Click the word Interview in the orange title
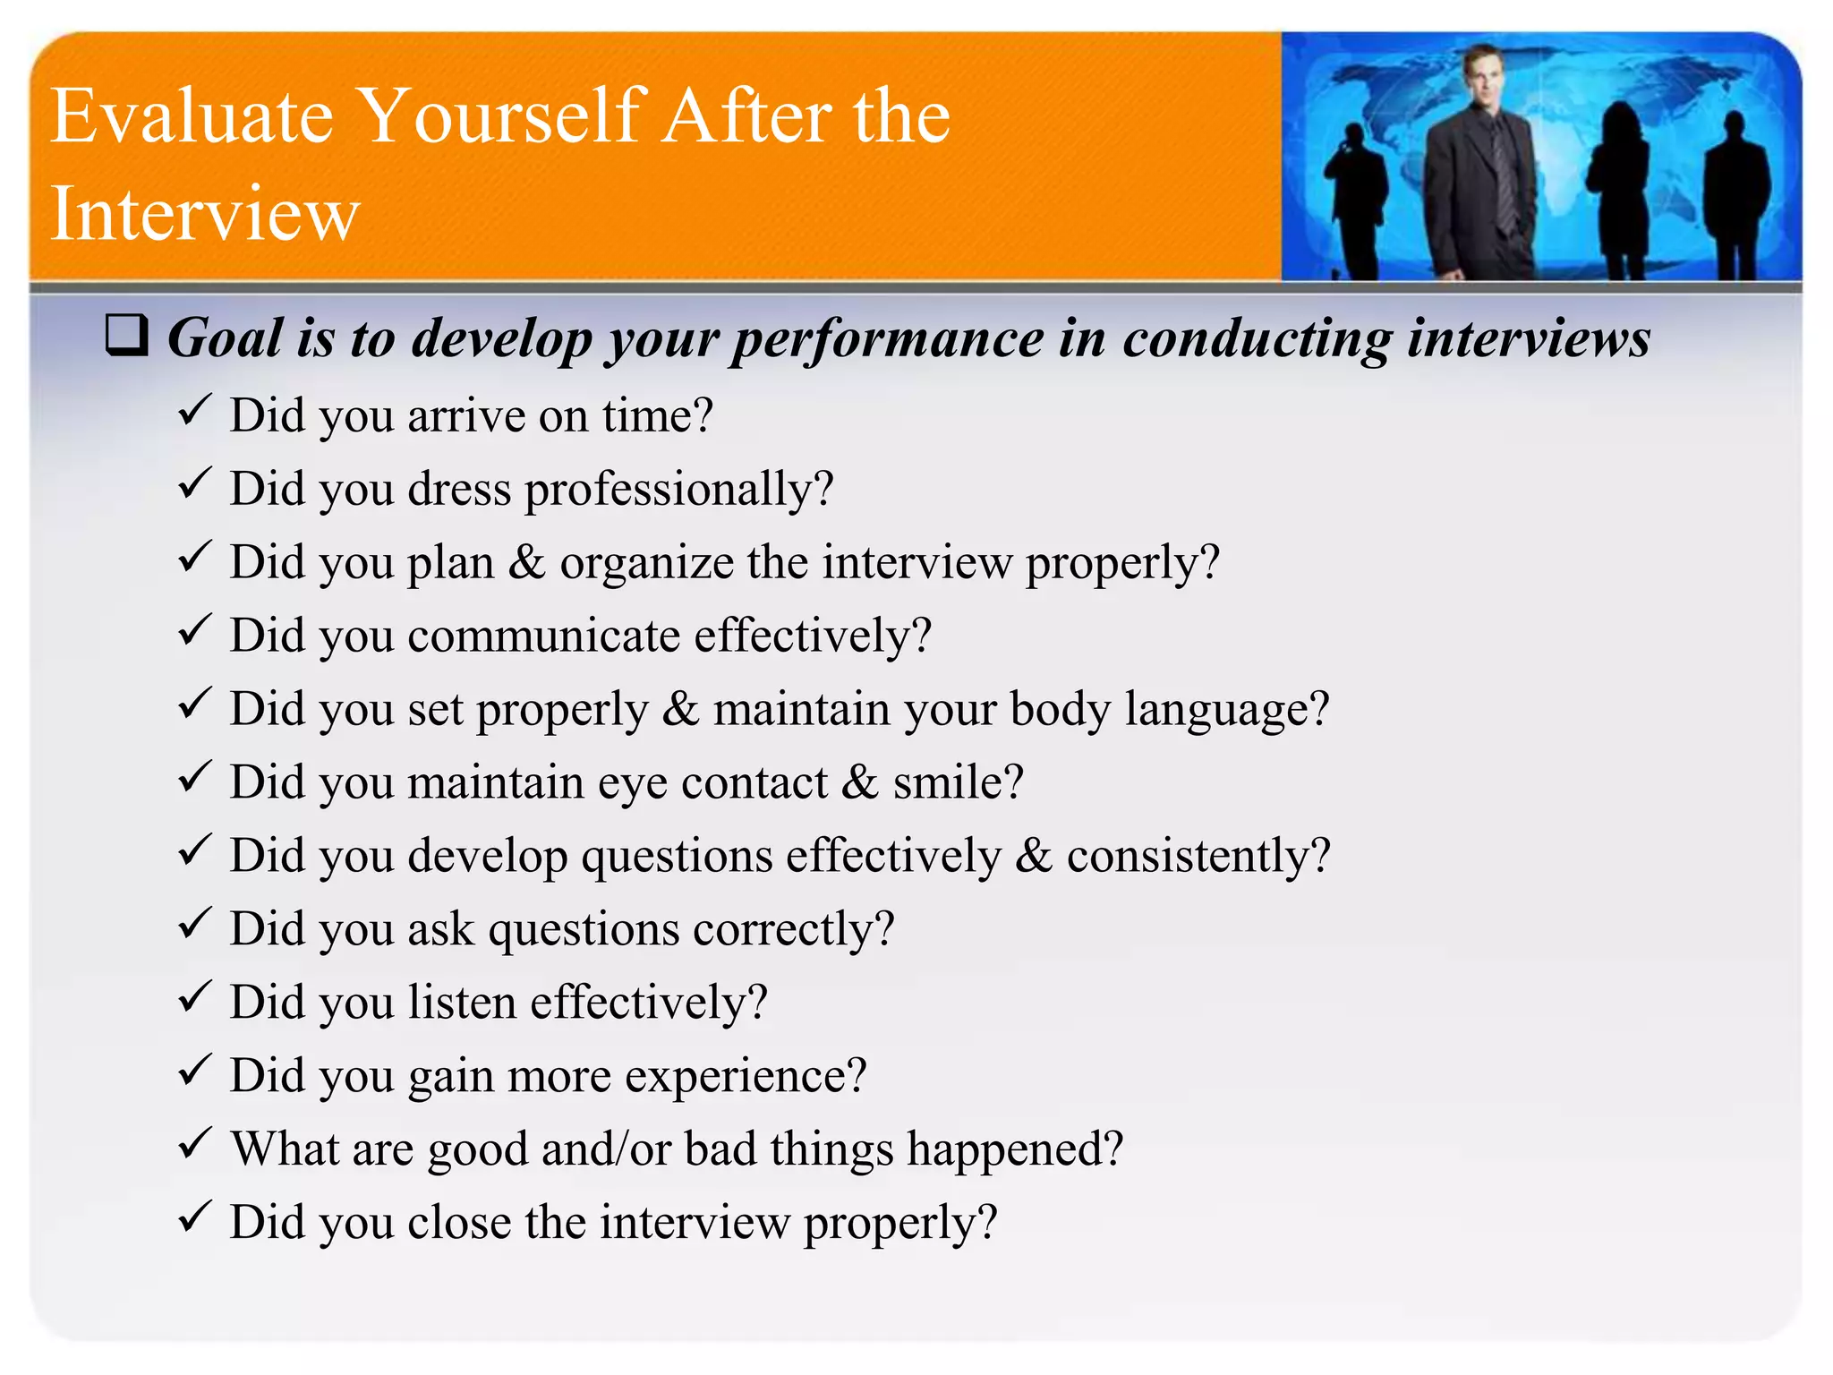[205, 213]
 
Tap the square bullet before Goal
[126, 336]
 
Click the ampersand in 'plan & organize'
[526, 562]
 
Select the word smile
[957, 782]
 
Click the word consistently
[1198, 856]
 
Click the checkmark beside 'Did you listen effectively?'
[194, 996]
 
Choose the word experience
[745, 1076]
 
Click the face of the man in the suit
[1483, 75]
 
